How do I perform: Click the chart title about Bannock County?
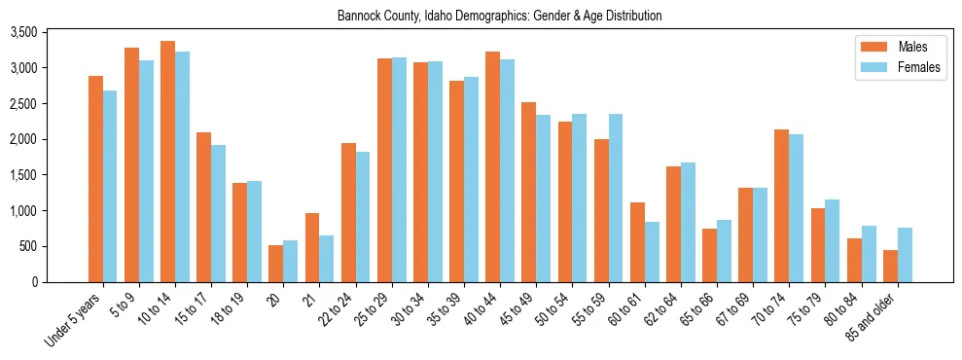pyautogui.click(x=499, y=16)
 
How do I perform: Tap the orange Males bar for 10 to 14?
pyautogui.click(x=167, y=162)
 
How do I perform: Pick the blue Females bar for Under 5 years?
pyautogui.click(x=110, y=186)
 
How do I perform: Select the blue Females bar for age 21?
pyautogui.click(x=327, y=259)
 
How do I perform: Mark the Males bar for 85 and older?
pyautogui.click(x=889, y=266)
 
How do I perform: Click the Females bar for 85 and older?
pyautogui.click(x=904, y=255)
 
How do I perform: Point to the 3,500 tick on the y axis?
pyautogui.click(x=51, y=32)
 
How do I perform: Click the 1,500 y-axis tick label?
pyautogui.click(x=51, y=175)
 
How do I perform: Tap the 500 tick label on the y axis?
pyautogui.click(x=56, y=246)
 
